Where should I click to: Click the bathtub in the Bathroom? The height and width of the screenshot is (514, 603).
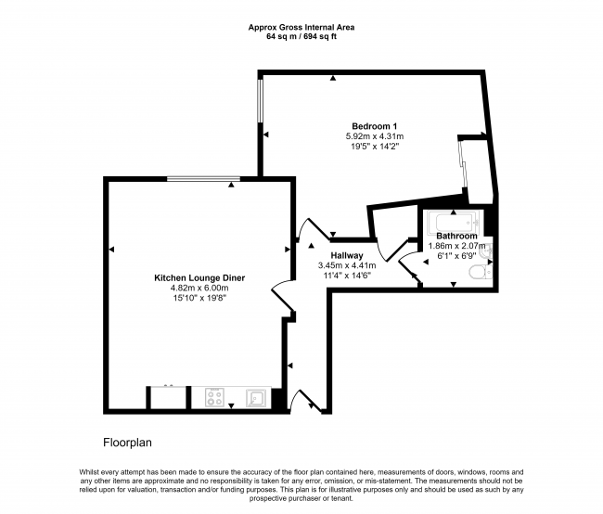(x=450, y=223)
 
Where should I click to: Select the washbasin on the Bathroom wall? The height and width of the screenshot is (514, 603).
(x=487, y=248)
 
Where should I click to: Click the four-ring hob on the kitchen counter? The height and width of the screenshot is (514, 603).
(x=215, y=398)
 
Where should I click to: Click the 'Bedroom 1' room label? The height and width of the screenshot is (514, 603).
(x=374, y=126)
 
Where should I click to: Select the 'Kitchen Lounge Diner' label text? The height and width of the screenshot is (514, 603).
(x=192, y=277)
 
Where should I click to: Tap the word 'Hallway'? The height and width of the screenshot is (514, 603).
(x=347, y=255)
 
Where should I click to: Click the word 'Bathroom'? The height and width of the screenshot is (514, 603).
(x=456, y=237)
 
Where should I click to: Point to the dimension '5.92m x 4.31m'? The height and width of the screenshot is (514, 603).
(x=374, y=136)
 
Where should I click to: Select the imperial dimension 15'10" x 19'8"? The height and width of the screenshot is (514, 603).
(x=192, y=298)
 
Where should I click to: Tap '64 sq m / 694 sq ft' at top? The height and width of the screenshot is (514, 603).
(x=301, y=37)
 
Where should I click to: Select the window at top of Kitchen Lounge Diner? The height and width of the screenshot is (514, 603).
(x=204, y=178)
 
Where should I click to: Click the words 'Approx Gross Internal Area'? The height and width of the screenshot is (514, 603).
(x=301, y=27)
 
